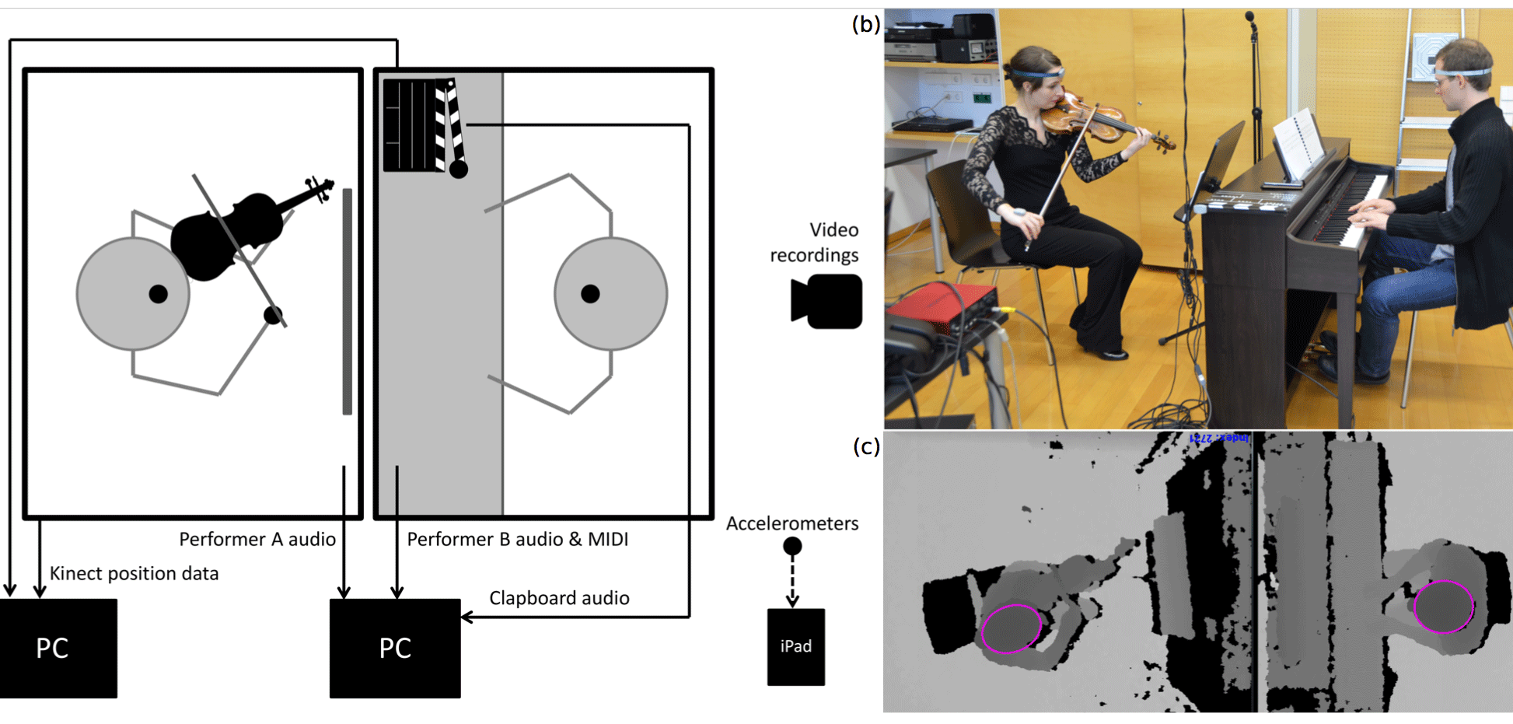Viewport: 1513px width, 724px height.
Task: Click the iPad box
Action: click(x=795, y=646)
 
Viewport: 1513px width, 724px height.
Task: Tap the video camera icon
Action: click(x=827, y=301)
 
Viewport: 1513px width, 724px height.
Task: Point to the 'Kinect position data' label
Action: click(x=134, y=574)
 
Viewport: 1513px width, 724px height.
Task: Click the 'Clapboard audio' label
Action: click(x=559, y=598)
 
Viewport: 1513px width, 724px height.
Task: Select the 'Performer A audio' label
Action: click(x=257, y=540)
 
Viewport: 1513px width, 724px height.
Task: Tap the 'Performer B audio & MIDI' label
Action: click(x=517, y=540)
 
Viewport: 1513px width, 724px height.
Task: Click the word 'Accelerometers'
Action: click(x=791, y=523)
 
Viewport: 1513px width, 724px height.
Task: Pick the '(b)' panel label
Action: click(x=865, y=24)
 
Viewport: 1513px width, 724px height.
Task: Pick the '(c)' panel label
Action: click(x=866, y=446)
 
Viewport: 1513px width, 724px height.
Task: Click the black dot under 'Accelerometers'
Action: click(x=792, y=547)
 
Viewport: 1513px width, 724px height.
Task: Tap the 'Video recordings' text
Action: click(x=814, y=243)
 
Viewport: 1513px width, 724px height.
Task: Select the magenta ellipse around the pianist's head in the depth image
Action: click(x=1443, y=607)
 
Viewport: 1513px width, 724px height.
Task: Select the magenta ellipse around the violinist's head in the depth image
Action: click(x=1011, y=628)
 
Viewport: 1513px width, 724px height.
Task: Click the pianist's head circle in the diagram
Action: click(x=610, y=294)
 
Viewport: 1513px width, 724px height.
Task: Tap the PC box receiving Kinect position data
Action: click(x=58, y=648)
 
